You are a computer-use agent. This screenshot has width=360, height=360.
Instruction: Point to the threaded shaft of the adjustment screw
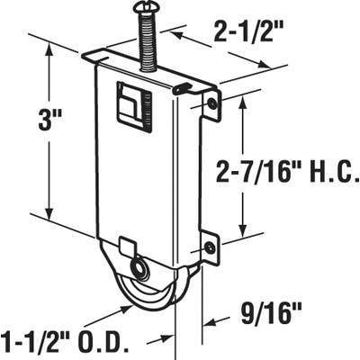coord(144,40)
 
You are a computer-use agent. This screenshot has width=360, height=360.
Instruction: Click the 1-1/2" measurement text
coord(40,342)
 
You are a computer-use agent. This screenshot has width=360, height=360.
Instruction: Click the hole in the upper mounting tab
coord(212,105)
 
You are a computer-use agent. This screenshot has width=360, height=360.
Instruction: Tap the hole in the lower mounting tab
coord(211,247)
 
